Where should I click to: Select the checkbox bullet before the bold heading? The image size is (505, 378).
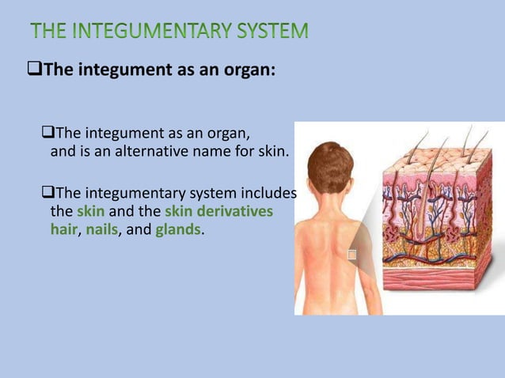pyautogui.click(x=33, y=69)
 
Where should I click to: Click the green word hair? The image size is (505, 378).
pyautogui.click(x=63, y=230)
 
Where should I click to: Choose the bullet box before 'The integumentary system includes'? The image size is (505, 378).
pyautogui.click(x=46, y=193)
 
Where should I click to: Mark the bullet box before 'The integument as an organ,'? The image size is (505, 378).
pyautogui.click(x=46, y=132)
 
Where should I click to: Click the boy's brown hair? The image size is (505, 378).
pyautogui.click(x=330, y=162)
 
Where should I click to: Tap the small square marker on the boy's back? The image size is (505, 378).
pyautogui.click(x=352, y=255)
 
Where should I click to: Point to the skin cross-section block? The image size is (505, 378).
pyautogui.click(x=440, y=214)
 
